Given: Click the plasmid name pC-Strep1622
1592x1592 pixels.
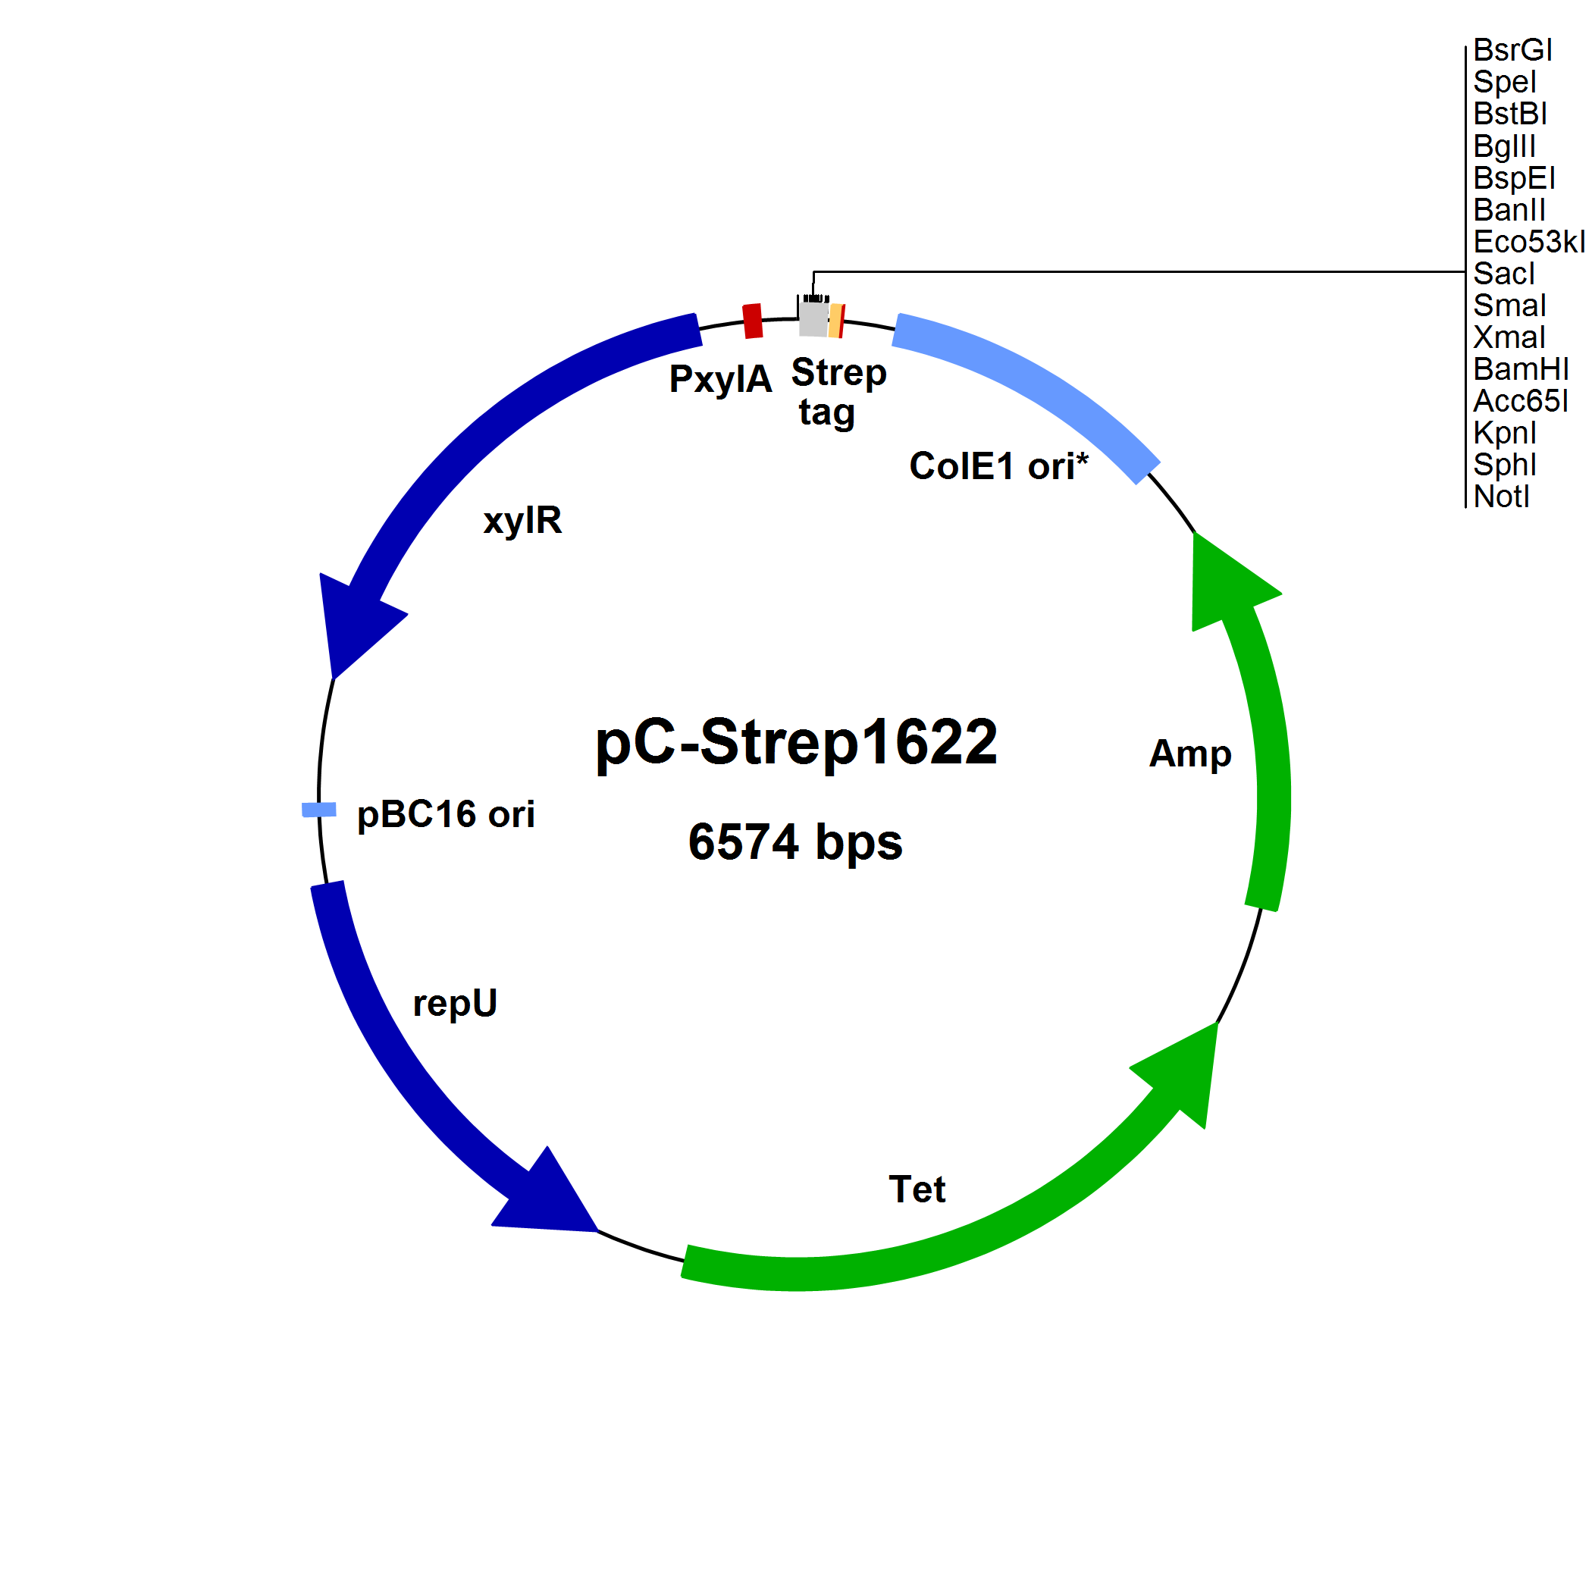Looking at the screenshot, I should [x=796, y=741].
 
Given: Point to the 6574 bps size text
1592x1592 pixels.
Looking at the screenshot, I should [x=795, y=842].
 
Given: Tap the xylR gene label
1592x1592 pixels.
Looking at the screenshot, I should [x=522, y=521].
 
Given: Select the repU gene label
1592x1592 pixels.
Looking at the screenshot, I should [x=455, y=1004].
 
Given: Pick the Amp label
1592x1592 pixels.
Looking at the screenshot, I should [x=1190, y=753].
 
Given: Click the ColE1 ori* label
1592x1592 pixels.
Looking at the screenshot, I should [x=998, y=466].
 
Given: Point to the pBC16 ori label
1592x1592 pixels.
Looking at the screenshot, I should [x=446, y=815].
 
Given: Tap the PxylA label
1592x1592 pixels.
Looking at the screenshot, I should [x=720, y=379].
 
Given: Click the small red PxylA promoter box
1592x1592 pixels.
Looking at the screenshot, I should [x=752, y=321].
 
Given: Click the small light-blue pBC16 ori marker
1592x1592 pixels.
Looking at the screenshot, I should [x=319, y=810].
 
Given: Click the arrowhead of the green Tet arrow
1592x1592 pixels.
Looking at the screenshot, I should [x=1185, y=1068].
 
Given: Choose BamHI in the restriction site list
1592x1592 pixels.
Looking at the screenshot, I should [x=1520, y=369].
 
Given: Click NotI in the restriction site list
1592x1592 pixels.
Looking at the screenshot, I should [x=1501, y=497].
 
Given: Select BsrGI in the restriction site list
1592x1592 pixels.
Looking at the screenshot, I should [x=1512, y=50].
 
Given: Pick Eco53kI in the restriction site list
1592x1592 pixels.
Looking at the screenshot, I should [x=1528, y=241].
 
